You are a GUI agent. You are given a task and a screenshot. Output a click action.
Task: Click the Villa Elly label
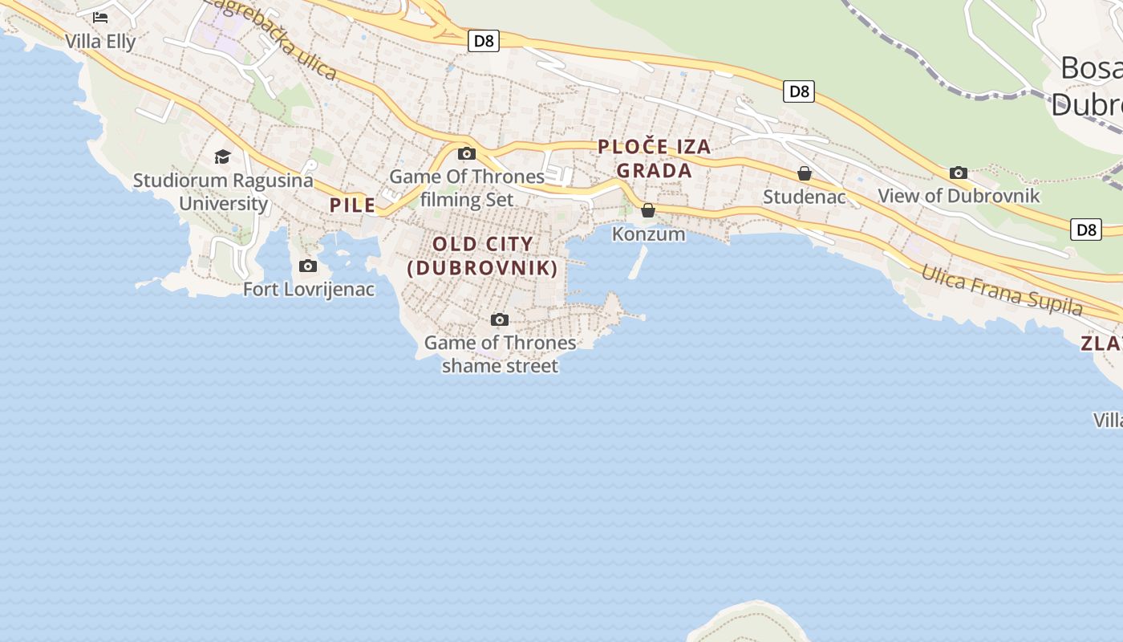coord(100,41)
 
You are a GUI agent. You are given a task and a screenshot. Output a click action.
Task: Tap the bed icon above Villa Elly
coord(100,17)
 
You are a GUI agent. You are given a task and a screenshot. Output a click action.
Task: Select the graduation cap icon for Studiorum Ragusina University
coord(222,156)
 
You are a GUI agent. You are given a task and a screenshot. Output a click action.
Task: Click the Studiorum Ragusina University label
coord(223,191)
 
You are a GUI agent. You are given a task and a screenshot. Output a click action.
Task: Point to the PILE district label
coord(353,205)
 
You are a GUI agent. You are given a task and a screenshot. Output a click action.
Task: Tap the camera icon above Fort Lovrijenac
coord(308,266)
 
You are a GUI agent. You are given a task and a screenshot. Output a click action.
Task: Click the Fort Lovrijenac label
coord(309,289)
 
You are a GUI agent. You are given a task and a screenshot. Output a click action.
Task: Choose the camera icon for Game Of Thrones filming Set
coord(467,153)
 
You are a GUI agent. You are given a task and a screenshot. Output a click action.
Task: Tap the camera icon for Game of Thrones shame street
coord(500,319)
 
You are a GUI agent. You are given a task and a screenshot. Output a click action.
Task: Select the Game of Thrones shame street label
coord(500,354)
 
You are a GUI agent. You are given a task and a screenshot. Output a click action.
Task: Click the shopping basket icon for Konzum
coord(648,210)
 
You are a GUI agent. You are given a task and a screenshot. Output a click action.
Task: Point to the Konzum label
coord(648,234)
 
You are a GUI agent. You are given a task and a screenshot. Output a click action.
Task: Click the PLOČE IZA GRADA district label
coord(655,158)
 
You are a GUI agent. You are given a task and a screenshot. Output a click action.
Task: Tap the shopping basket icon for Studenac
coord(805,173)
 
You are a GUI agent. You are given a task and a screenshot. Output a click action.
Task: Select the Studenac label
coord(804,197)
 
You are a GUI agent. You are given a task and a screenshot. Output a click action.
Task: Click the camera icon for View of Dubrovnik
coord(958,173)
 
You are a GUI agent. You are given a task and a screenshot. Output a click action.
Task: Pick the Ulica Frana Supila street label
coord(1002,290)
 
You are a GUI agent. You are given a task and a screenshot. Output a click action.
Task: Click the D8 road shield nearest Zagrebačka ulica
coord(484,41)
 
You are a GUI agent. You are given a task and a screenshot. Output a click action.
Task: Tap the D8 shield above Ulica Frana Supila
coord(1085,230)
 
